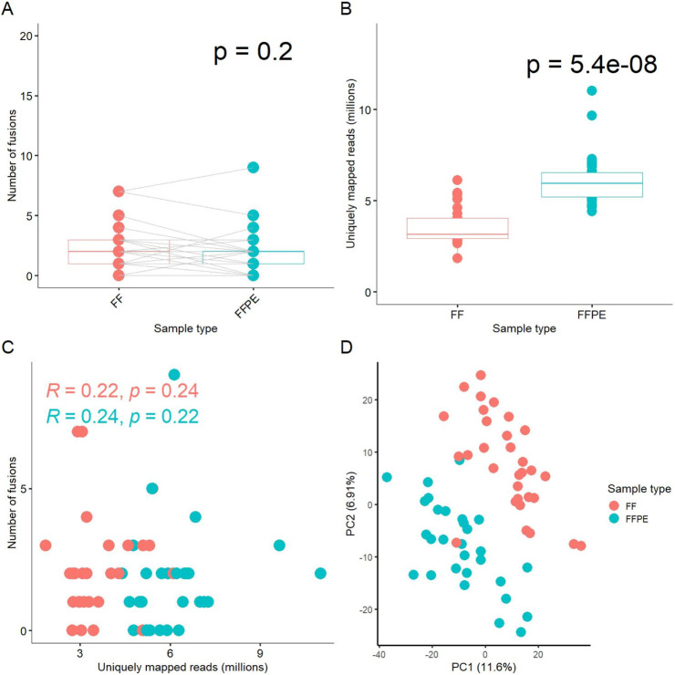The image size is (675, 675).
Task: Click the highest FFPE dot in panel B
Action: [592, 90]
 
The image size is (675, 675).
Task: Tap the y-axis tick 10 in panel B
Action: [366, 109]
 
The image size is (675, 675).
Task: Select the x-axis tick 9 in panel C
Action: [260, 652]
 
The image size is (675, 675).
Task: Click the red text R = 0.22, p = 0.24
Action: [122, 392]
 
